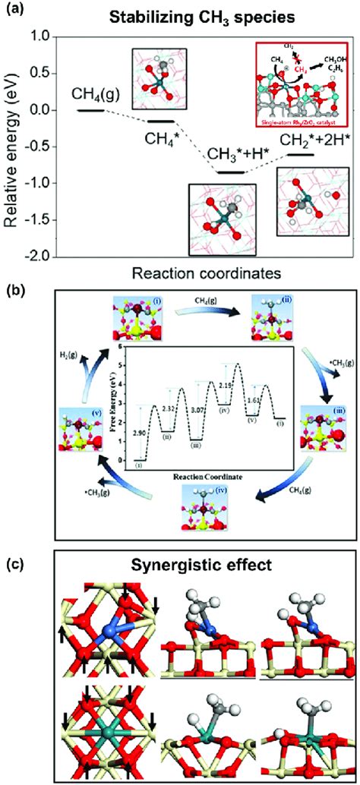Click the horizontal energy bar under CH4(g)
pyautogui.click(x=91, y=110)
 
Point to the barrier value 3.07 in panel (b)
pyautogui.click(x=197, y=411)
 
